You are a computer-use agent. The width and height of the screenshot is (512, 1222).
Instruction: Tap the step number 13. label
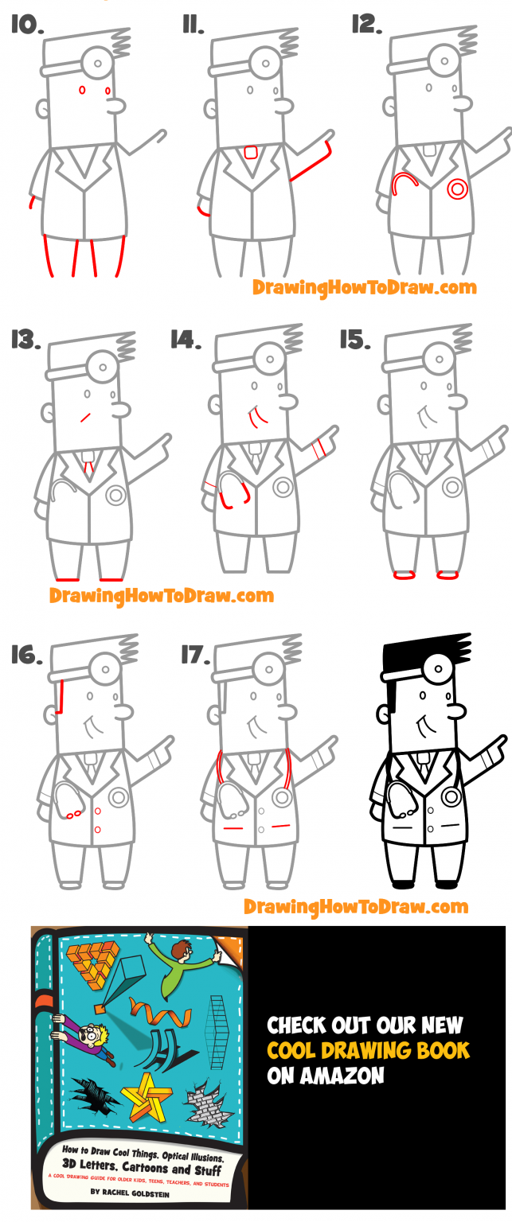point(27,341)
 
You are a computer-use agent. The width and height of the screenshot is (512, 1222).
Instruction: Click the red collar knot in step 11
point(251,152)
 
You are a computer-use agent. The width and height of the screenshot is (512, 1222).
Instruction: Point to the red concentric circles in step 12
point(457,189)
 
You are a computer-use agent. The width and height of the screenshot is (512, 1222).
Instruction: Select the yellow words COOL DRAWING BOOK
point(368,1049)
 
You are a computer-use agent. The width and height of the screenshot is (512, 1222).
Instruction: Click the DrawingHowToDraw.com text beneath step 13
point(161,595)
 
